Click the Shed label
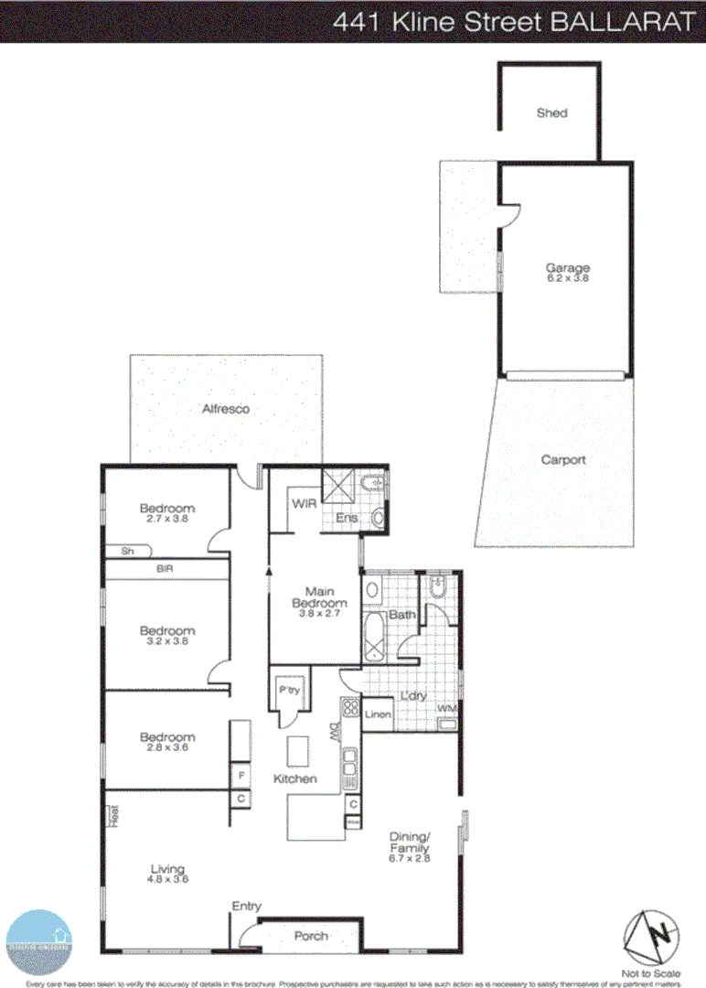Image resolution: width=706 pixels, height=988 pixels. [x=551, y=113]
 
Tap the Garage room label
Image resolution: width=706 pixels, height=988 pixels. [x=568, y=268]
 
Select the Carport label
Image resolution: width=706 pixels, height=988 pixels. [x=562, y=460]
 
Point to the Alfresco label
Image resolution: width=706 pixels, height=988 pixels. [x=226, y=409]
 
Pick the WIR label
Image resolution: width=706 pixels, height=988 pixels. [x=304, y=504]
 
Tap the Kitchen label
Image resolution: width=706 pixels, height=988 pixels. [x=295, y=779]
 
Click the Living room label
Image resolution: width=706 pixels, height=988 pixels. [x=168, y=869]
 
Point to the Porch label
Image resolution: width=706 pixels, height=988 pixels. [x=311, y=936]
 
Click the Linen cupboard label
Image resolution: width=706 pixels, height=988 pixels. [x=379, y=714]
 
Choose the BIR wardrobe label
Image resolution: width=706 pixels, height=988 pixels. [x=165, y=569]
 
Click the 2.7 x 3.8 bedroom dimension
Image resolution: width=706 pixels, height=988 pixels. [x=167, y=520]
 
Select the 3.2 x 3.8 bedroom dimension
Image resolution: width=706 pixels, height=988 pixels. [x=167, y=641]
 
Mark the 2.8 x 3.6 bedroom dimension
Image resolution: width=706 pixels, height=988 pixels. [x=167, y=748]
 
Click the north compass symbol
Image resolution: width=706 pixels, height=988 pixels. [x=653, y=935]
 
